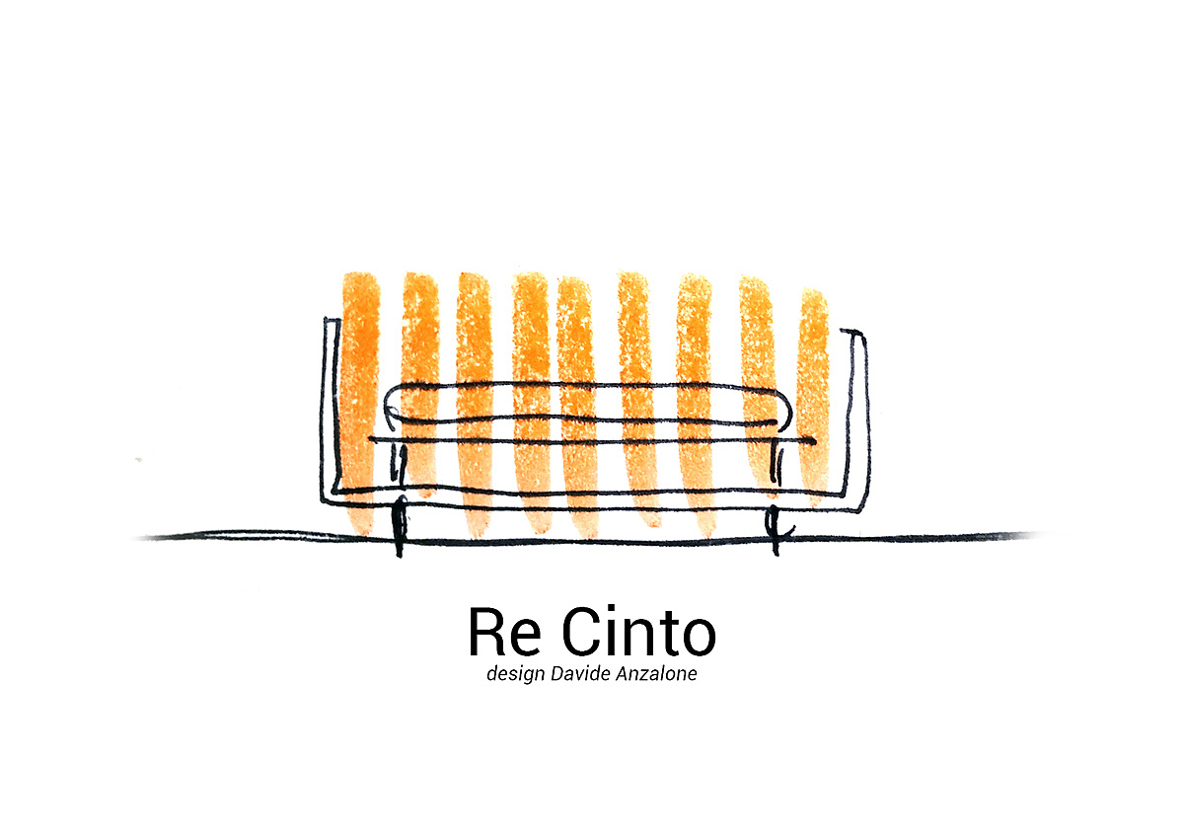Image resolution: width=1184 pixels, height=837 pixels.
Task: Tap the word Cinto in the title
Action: [x=637, y=634]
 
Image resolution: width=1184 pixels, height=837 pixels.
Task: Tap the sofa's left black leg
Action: [x=399, y=528]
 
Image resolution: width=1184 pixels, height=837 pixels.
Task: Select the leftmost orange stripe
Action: [x=360, y=395]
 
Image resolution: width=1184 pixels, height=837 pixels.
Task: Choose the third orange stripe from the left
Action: [x=474, y=395]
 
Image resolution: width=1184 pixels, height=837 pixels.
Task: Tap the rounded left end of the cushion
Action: [x=392, y=406]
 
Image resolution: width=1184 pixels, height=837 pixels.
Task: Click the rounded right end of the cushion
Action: [x=786, y=407]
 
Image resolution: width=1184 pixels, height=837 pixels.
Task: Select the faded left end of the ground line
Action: [x=148, y=538]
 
